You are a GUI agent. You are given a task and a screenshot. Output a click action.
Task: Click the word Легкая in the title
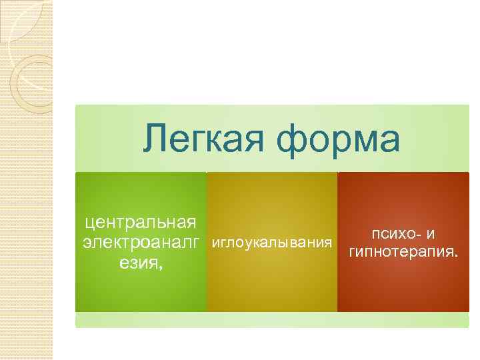(x=204, y=139)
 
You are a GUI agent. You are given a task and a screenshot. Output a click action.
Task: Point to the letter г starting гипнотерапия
(x=352, y=255)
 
